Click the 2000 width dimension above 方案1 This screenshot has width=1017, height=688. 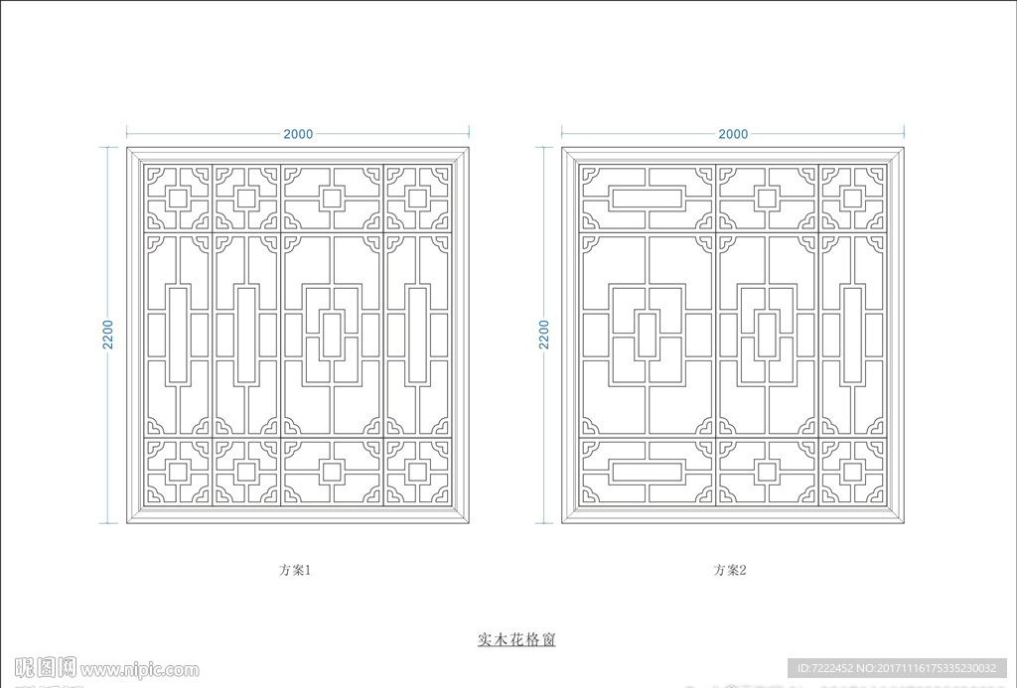298,134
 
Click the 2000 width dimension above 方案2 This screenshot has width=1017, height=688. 732,134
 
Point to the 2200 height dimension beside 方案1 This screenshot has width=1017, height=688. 108,335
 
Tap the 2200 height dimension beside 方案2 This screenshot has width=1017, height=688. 543,335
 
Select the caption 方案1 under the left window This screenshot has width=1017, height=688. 296,571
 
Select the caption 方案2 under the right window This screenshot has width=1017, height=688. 729,571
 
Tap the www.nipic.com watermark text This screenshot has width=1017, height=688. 139,669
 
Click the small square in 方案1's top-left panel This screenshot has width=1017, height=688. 178,198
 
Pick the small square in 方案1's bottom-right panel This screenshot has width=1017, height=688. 417,472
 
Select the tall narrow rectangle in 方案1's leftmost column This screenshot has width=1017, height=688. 178,335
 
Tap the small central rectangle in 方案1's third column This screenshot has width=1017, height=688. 332,335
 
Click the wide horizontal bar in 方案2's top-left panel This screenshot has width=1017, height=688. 647,198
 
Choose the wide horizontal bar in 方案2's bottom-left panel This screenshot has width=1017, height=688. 647,472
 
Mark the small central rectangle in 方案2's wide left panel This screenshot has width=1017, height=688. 647,335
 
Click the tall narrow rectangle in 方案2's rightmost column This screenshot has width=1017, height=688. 852,335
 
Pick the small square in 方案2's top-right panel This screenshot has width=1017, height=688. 852,198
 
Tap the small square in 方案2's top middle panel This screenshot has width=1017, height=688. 766,198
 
